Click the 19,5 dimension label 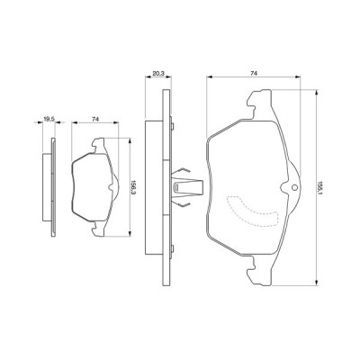[49, 117]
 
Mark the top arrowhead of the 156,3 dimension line [130, 139]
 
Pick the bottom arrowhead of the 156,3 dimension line [130, 234]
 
